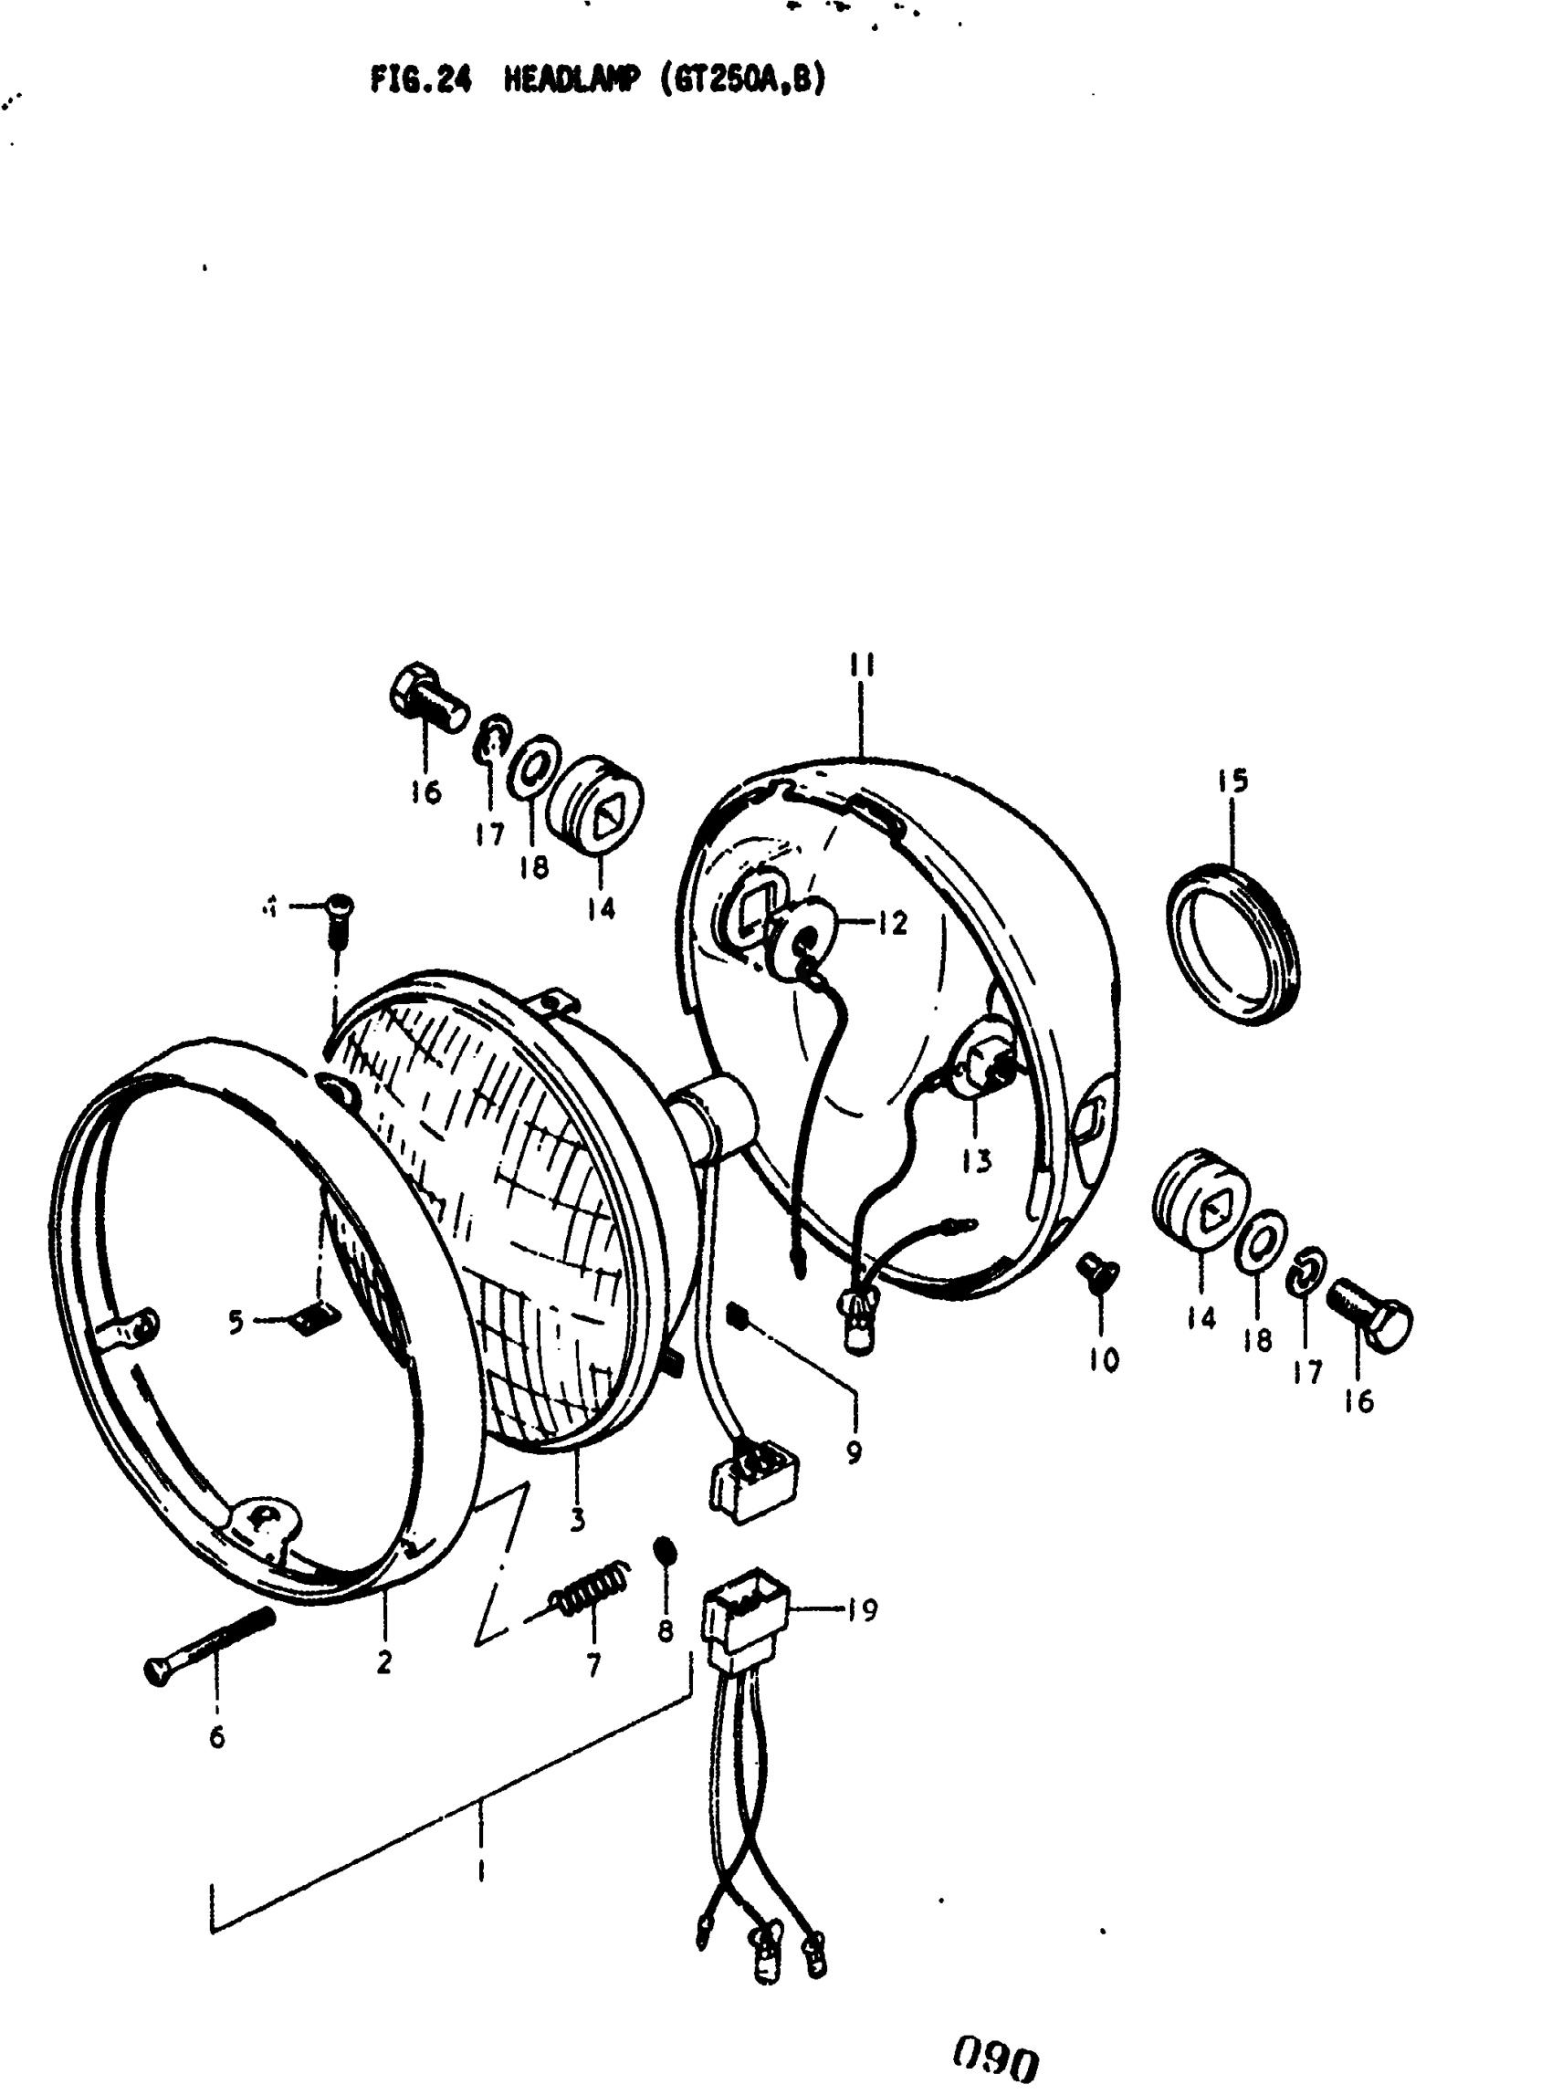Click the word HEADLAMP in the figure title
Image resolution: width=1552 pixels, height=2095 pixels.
coord(572,81)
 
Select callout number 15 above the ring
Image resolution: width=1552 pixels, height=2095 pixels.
coord(1233,780)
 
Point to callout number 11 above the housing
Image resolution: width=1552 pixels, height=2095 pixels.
coord(862,666)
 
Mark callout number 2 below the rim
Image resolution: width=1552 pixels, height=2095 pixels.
coord(383,1662)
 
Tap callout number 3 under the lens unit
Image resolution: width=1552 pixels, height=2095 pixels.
coord(577,1518)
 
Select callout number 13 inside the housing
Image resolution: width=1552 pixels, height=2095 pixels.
coord(976,1161)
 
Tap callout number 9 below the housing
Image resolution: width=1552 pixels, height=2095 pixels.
coord(853,1452)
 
